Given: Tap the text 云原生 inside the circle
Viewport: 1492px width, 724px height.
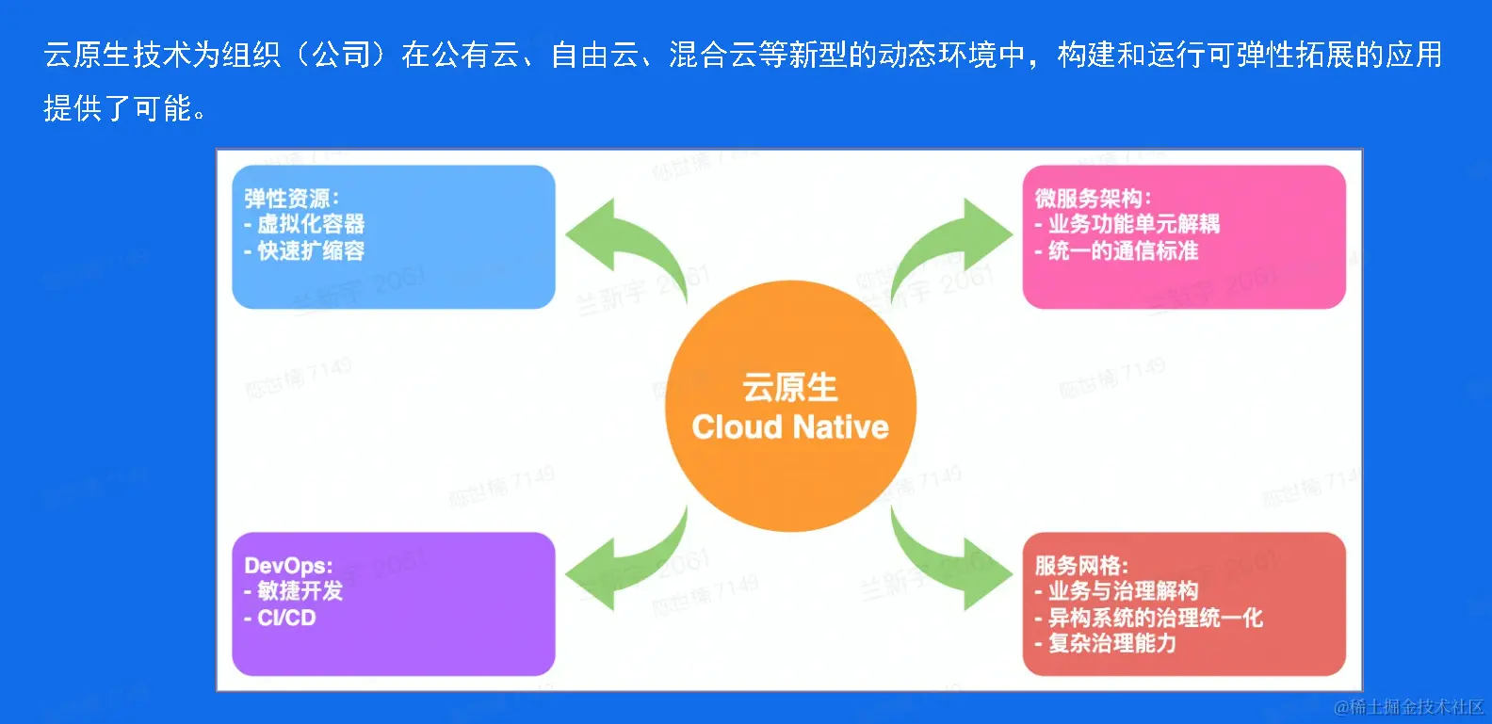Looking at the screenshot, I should coord(790,387).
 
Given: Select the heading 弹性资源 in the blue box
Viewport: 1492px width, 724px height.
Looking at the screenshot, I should coord(291,199).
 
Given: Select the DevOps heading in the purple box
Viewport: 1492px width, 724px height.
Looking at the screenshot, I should coord(288,566).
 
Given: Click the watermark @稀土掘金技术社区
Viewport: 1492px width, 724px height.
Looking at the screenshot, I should coord(1409,707).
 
